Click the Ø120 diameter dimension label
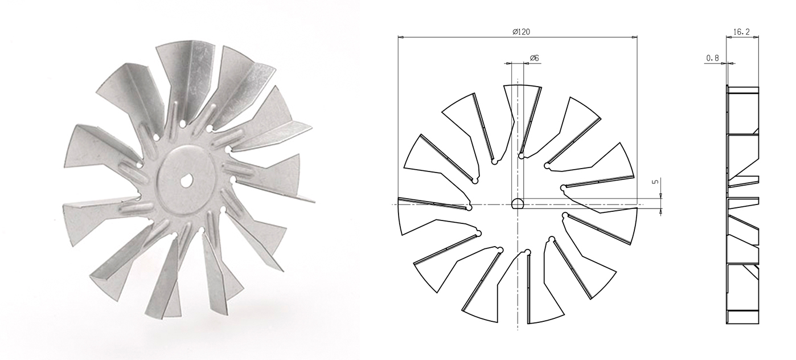(522, 32)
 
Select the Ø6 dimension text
(535, 58)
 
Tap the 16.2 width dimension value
(742, 32)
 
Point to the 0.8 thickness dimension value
(712, 58)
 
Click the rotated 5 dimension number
(655, 182)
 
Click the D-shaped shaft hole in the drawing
(518, 203)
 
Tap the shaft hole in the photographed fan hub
(186, 181)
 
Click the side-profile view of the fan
(742, 204)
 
